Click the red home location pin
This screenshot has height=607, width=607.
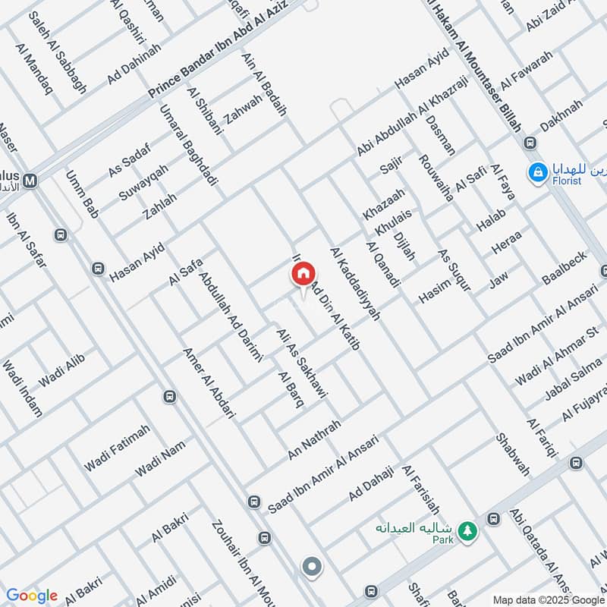tap(303, 275)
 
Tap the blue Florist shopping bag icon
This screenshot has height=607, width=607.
tap(538, 172)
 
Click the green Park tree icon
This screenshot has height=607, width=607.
tap(469, 530)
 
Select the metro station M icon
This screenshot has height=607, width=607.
tap(31, 181)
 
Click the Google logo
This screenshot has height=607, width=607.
tap(31, 596)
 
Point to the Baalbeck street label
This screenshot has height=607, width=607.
tap(565, 268)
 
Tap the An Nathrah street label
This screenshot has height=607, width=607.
tap(314, 439)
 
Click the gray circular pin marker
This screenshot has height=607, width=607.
tap(311, 566)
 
